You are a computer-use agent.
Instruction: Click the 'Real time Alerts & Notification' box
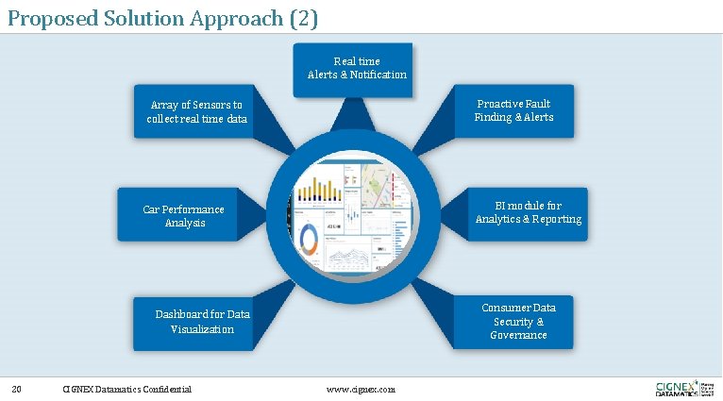tap(356, 68)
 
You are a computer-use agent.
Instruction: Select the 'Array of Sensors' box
tap(196, 112)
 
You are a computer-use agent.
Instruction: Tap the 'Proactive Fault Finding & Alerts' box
tap(513, 110)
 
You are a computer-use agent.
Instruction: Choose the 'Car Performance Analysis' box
tap(184, 215)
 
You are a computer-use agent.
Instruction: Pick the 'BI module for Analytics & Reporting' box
tap(528, 212)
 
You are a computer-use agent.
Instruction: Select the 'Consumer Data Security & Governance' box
tap(518, 321)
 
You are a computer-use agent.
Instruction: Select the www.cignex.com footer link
tap(361, 389)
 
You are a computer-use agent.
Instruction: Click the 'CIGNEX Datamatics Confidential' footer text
tap(126, 389)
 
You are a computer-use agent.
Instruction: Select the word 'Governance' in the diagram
tap(518, 335)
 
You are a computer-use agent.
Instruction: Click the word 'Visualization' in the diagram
tap(202, 329)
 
